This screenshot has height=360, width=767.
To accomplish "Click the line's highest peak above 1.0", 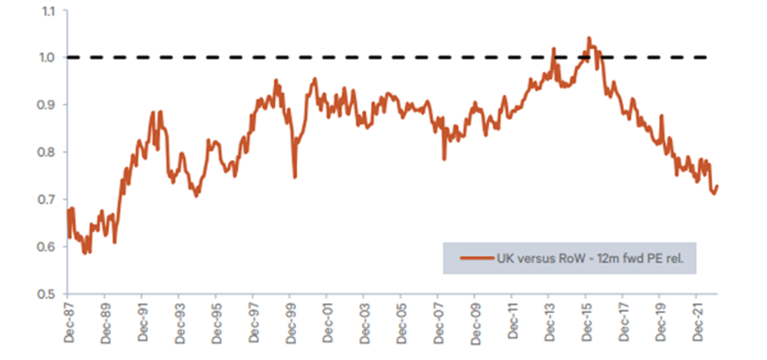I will (589, 37).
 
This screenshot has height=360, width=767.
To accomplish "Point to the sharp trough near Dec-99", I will (295, 177).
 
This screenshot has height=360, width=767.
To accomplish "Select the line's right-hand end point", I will (717, 186).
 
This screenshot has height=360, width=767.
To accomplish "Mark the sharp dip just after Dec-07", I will (444, 159).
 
